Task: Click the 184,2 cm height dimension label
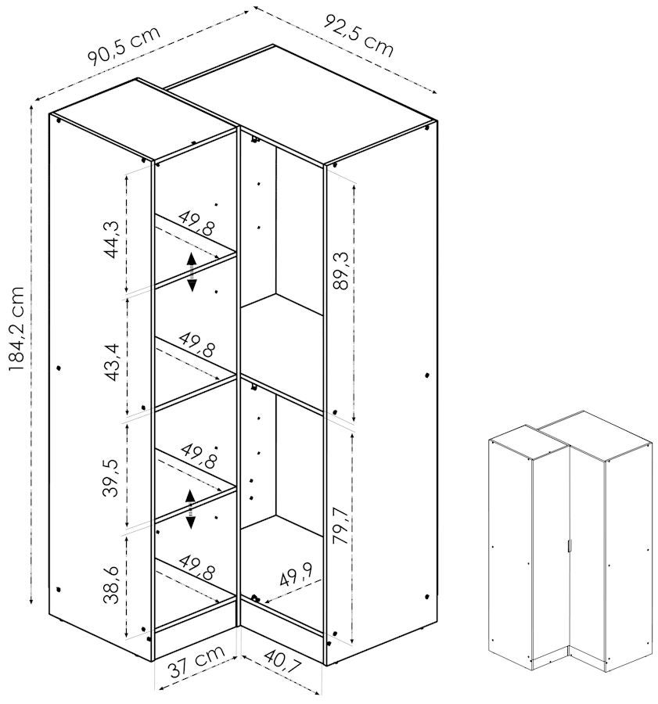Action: click(x=16, y=329)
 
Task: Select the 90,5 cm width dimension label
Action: click(x=124, y=46)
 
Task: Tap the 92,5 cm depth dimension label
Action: click(x=358, y=35)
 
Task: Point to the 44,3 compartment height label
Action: click(x=111, y=239)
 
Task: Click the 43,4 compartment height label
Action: click(x=111, y=362)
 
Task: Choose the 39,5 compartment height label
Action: click(x=111, y=478)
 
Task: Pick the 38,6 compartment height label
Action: click(x=111, y=584)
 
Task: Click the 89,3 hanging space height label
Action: click(x=342, y=271)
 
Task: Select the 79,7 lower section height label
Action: click(x=342, y=526)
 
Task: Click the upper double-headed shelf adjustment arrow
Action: click(x=192, y=272)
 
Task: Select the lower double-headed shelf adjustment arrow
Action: click(x=190, y=508)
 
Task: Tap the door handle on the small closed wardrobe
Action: click(x=569, y=545)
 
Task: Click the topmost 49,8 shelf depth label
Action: click(x=196, y=223)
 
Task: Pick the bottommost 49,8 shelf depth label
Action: click(x=196, y=567)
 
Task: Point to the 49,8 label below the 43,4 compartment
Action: click(x=196, y=344)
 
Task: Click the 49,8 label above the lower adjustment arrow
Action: click(x=199, y=456)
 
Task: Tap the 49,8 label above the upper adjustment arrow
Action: click(x=196, y=223)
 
